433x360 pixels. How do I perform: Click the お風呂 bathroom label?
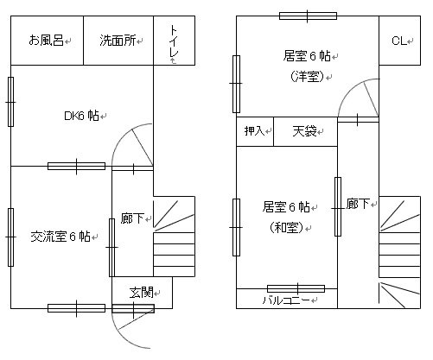(46, 40)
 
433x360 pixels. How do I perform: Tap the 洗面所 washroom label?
(118, 41)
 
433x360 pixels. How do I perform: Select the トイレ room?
(174, 41)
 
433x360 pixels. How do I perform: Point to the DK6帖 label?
(81, 116)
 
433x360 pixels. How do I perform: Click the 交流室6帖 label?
(60, 237)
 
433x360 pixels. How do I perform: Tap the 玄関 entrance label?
(141, 293)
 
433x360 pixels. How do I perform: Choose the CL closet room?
(399, 41)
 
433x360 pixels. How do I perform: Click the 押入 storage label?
(254, 131)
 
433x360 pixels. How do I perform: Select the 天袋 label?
(304, 131)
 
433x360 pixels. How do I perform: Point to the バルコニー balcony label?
(287, 300)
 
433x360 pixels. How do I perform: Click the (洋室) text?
(308, 77)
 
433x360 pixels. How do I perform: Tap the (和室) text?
(287, 228)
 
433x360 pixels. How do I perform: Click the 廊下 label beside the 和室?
(358, 204)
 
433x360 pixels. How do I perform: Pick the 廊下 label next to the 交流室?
(132, 218)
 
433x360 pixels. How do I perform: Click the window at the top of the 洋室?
(308, 16)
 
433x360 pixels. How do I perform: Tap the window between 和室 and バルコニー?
(296, 288)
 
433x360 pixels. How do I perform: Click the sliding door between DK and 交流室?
(76, 166)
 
